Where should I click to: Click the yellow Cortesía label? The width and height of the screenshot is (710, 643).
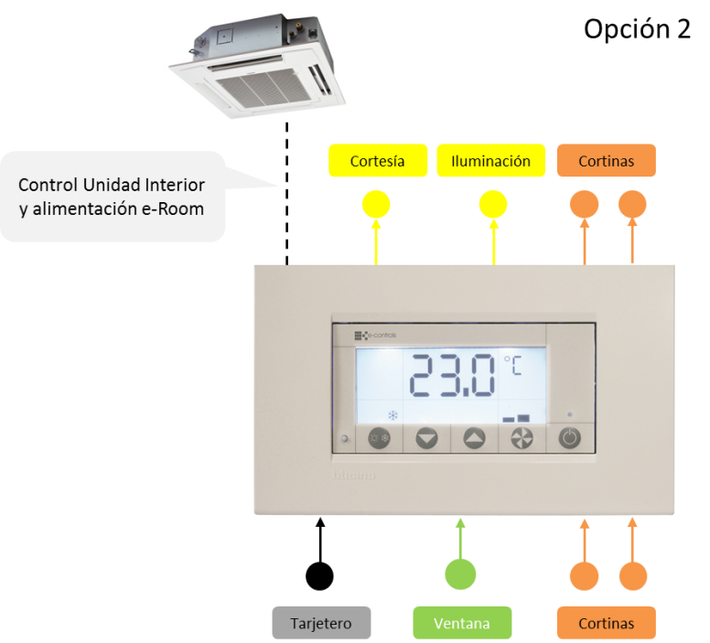tap(377, 161)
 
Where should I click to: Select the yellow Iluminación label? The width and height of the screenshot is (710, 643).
tap(490, 161)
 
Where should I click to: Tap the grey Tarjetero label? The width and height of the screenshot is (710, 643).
tap(322, 623)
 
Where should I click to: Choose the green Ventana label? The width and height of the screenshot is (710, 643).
tap(461, 623)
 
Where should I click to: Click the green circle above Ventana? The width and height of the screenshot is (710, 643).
tap(461, 574)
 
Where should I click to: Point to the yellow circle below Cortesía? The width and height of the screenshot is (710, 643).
tap(376, 204)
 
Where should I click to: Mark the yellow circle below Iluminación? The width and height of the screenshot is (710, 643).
tap(493, 204)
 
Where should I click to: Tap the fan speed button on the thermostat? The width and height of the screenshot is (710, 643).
tap(522, 439)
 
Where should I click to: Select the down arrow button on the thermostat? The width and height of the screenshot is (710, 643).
tap(426, 439)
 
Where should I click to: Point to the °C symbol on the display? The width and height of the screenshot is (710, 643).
tap(512, 367)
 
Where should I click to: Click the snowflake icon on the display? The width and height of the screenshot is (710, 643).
tap(393, 415)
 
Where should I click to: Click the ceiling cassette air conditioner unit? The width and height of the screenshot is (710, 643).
tap(256, 67)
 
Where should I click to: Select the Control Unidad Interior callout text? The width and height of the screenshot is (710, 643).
tap(112, 197)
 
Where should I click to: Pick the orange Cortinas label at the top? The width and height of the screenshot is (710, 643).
tap(606, 161)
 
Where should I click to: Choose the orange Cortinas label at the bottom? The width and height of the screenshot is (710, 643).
tap(606, 623)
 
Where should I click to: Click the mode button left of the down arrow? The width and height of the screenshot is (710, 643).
tap(379, 439)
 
